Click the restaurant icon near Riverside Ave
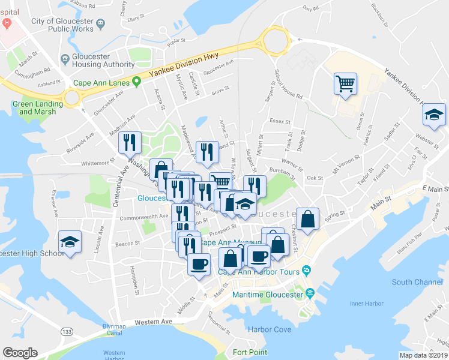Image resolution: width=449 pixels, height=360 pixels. pyautogui.click(x=130, y=143)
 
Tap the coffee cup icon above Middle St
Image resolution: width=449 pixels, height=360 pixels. pyautogui.click(x=199, y=263)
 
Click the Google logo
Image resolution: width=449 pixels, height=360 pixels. pyautogui.click(x=20, y=353)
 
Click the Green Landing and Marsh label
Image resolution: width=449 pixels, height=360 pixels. pyautogui.click(x=34, y=107)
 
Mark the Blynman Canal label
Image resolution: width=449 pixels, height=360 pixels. pyautogui.click(x=113, y=330)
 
